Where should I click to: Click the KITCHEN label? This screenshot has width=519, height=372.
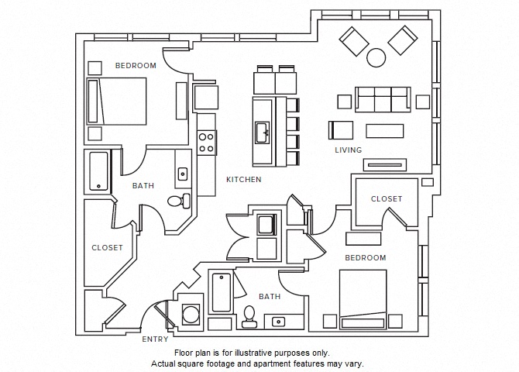[243, 180]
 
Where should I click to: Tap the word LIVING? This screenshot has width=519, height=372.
[348, 150]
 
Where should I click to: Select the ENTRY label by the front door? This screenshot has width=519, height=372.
[155, 339]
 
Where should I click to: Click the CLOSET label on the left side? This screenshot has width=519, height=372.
[107, 248]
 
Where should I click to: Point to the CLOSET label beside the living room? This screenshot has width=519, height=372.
[386, 199]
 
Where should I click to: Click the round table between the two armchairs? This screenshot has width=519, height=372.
[376, 57]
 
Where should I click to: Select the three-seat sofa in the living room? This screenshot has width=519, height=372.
[383, 99]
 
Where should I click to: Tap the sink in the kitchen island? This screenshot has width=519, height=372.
[262, 129]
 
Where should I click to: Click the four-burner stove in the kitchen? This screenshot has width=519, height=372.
[207, 142]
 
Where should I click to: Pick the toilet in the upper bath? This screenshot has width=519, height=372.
[177, 201]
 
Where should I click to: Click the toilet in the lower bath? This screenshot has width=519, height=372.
[249, 316]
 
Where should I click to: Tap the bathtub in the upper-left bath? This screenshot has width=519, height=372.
[98, 171]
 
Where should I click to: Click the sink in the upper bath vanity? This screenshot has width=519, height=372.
[183, 174]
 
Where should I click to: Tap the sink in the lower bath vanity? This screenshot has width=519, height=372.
[278, 321]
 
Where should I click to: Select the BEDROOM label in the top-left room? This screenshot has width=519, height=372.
[136, 66]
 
